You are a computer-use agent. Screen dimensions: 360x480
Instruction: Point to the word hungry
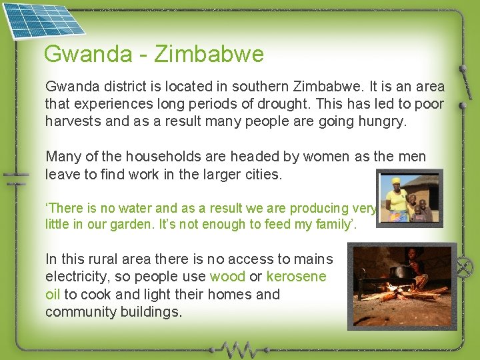coord(382,121)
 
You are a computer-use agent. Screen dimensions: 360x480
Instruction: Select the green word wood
coord(227,277)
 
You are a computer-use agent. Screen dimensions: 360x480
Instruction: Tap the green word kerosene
coord(296,277)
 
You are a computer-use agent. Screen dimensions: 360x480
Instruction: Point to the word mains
coord(313,259)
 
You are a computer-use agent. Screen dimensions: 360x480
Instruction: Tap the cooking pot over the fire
coord(401,272)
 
